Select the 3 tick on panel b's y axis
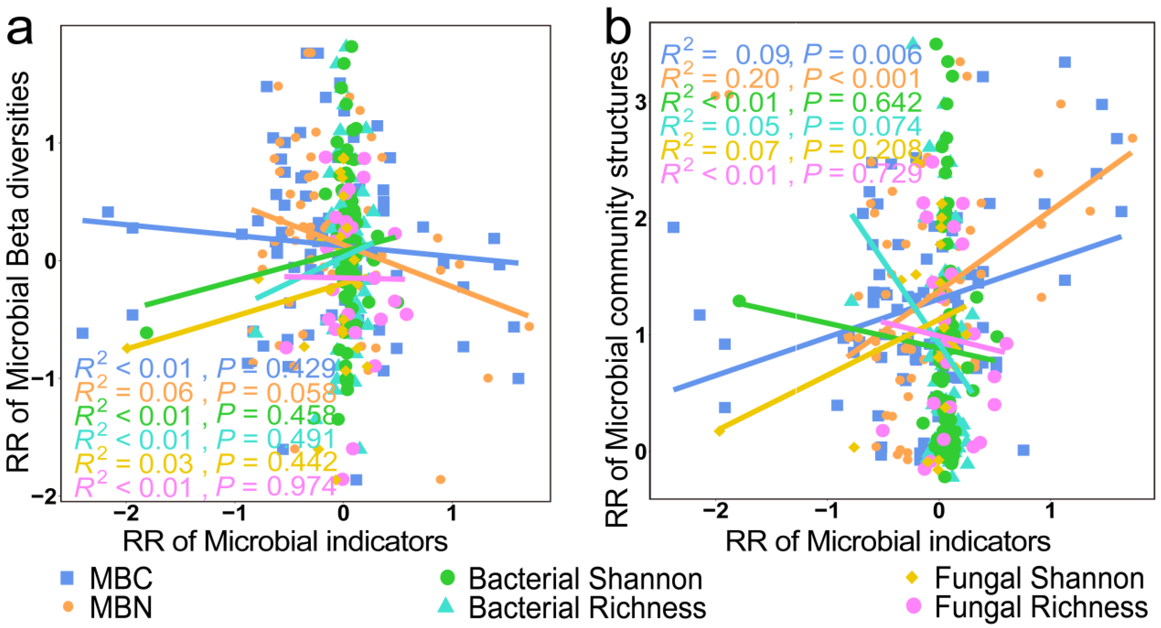click(x=640, y=104)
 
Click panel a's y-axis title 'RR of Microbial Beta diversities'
click(x=18, y=271)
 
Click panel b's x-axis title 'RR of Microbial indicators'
click(x=888, y=541)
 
